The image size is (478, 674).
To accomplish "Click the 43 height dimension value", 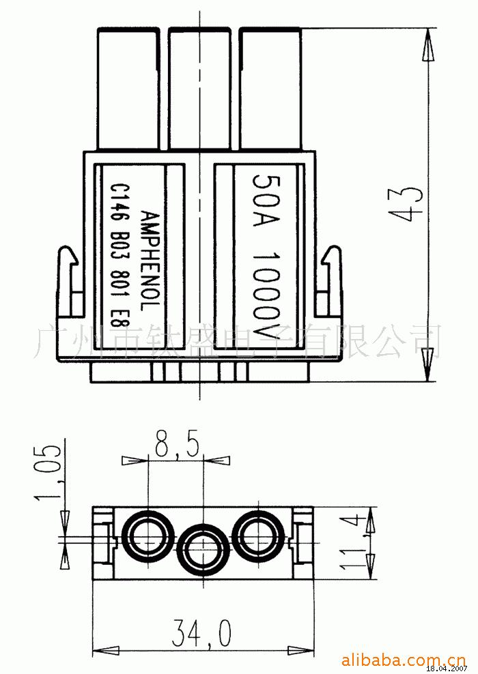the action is tap(406, 204).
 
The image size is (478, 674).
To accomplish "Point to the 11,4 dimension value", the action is tap(354, 543).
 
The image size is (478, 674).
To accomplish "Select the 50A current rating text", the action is tap(266, 200).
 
